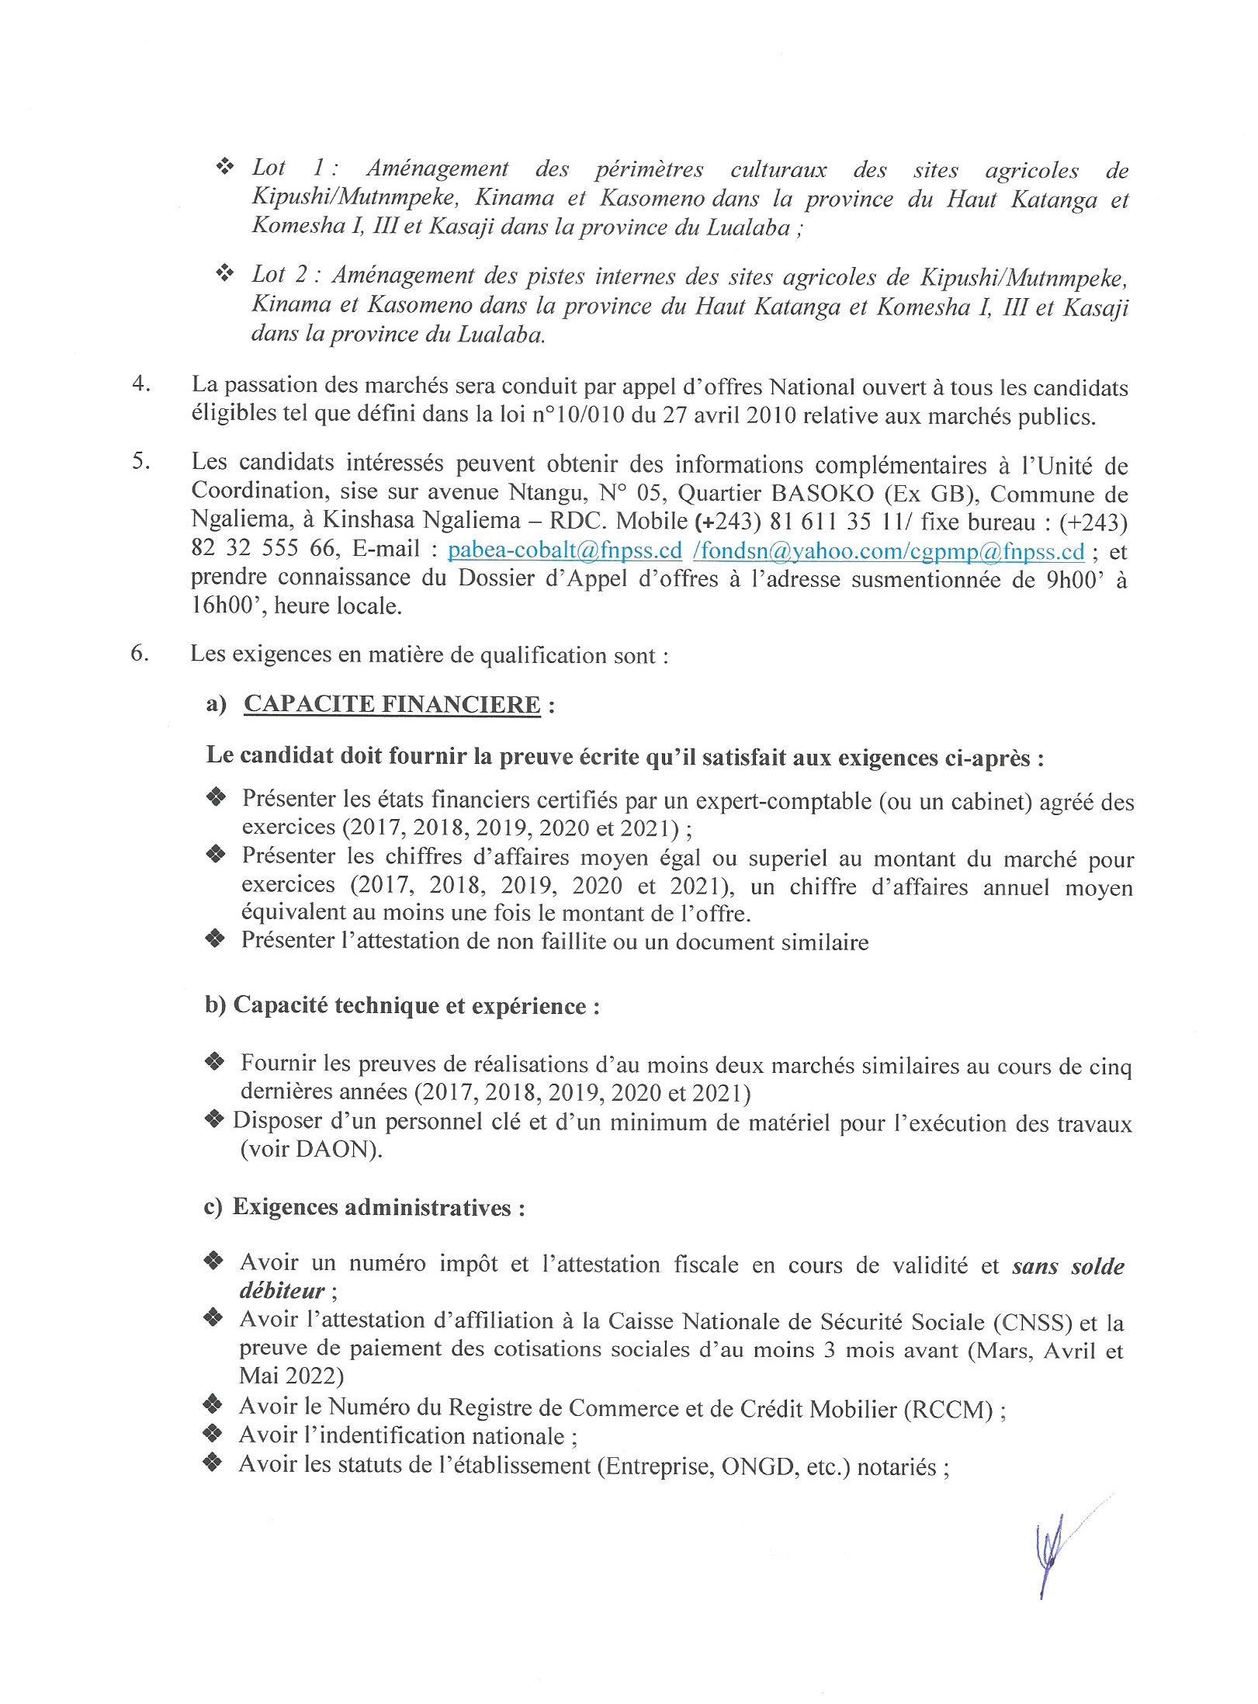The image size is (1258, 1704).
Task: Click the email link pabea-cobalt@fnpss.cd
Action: (x=566, y=551)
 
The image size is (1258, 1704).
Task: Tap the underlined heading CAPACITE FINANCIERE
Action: (x=392, y=704)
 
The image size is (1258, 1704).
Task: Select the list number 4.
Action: (x=141, y=385)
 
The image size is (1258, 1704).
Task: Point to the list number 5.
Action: (x=141, y=464)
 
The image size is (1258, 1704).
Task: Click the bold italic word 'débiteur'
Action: (x=282, y=1291)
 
